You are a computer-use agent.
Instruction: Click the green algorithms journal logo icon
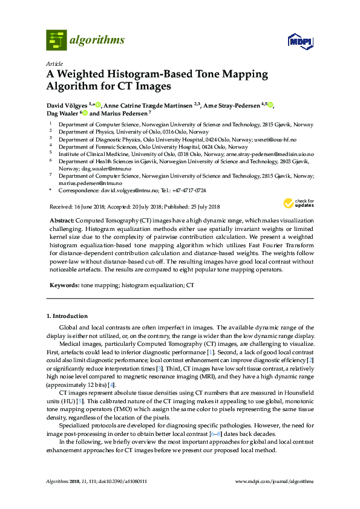click(57, 40)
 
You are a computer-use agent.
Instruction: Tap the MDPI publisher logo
click(300, 42)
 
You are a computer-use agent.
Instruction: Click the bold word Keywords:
click(64, 284)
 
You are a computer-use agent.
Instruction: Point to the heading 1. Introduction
click(67, 316)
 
